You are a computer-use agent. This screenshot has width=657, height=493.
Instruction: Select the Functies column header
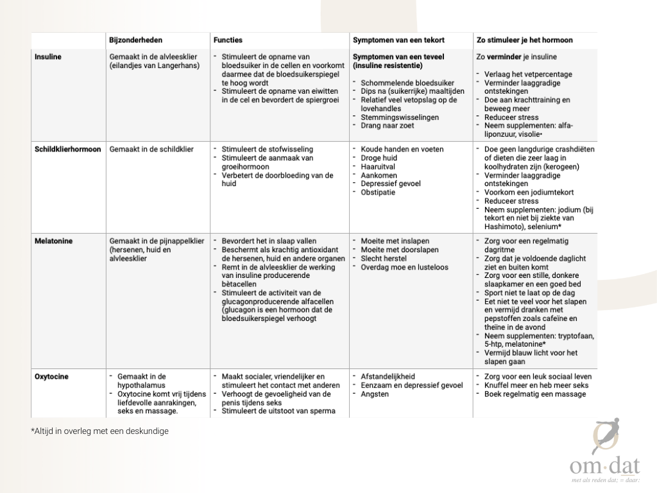228,40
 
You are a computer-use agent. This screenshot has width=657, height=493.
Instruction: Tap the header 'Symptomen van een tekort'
398,40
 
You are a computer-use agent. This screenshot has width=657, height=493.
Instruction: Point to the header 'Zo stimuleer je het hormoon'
525,40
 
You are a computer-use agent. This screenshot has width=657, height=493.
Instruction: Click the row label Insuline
48,57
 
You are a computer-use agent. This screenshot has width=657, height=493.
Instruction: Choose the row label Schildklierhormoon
67,150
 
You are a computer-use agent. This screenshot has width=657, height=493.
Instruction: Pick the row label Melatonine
53,241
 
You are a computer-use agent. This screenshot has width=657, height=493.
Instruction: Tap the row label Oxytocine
51,377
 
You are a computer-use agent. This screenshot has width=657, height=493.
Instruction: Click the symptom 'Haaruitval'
378,166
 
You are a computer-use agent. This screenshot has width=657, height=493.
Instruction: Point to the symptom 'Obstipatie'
378,192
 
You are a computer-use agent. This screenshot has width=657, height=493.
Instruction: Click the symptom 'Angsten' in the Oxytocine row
375,394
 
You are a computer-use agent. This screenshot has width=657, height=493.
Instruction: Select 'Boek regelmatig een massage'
534,394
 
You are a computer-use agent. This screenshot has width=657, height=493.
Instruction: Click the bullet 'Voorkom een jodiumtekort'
529,193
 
